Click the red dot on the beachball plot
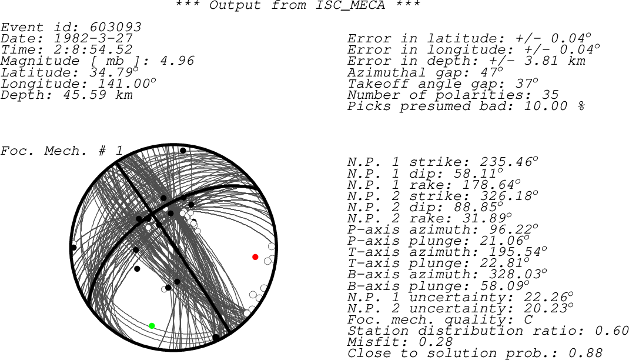click(255, 257)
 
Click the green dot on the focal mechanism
click(152, 326)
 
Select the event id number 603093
click(116, 27)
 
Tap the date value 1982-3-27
click(93, 38)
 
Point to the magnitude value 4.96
click(178, 61)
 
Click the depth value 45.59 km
click(98, 95)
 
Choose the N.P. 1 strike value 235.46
click(506, 162)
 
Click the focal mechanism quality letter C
click(528, 320)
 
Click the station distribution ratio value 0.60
click(612, 331)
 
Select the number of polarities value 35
click(550, 95)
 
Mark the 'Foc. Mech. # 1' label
click(61, 151)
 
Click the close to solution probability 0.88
click(585, 353)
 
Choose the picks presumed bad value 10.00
click(546, 106)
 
